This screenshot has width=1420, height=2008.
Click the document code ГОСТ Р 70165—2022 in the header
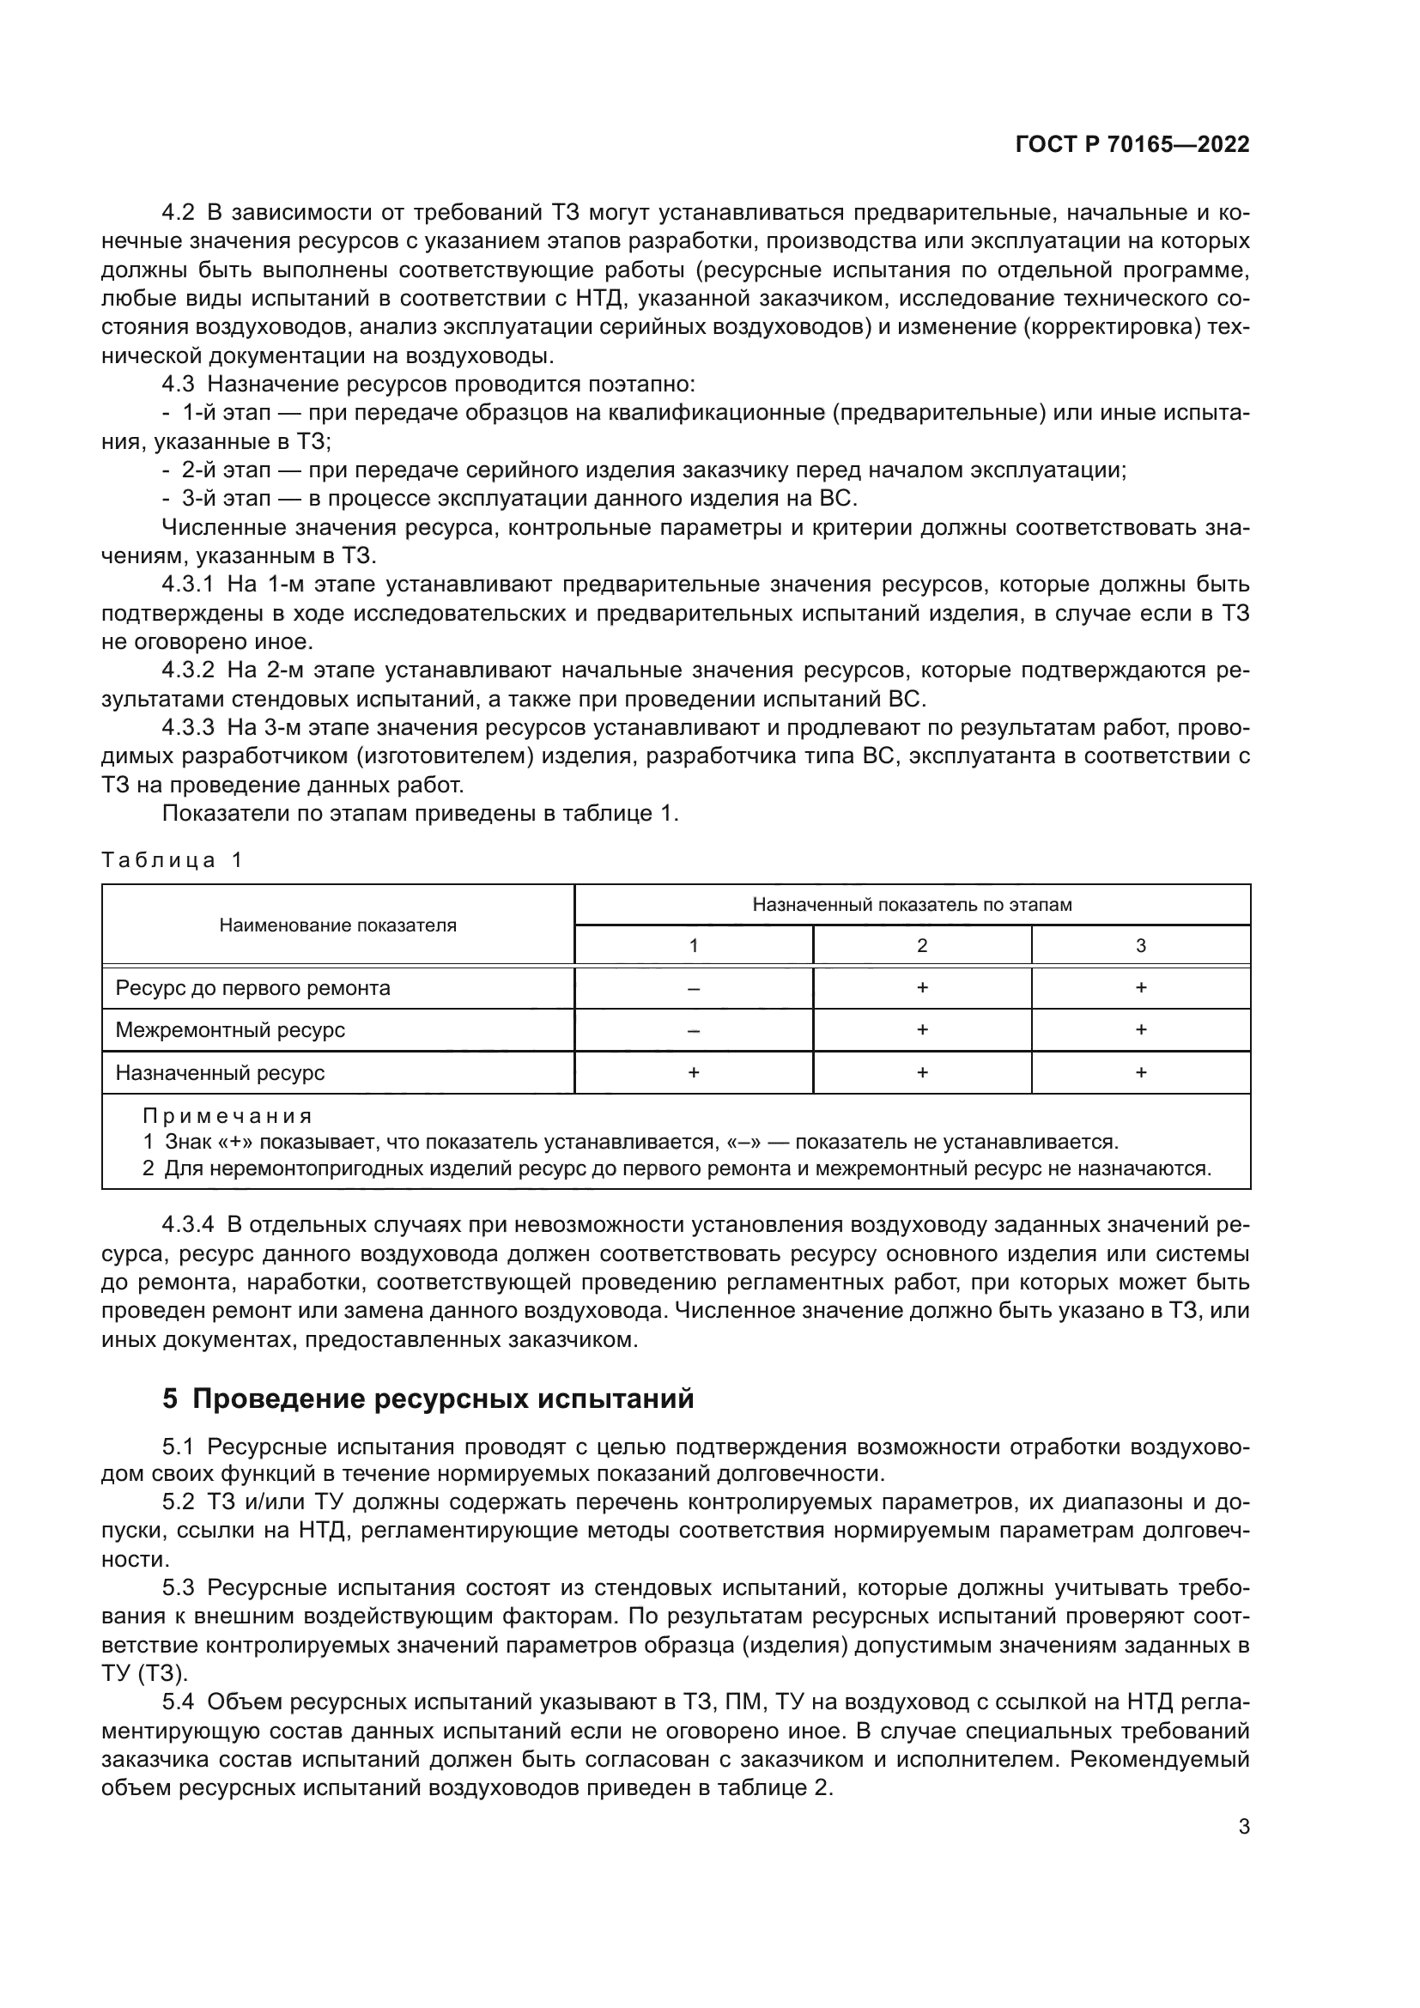[1132, 145]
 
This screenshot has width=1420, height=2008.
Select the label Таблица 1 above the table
[172, 859]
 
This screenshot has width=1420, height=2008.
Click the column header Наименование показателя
[337, 925]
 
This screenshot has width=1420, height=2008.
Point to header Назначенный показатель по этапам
[912, 904]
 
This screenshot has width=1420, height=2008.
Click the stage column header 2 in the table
[921, 945]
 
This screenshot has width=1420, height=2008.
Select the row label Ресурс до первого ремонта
[252, 988]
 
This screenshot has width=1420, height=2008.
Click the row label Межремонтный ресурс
[230, 1030]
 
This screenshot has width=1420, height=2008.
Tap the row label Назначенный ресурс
[220, 1073]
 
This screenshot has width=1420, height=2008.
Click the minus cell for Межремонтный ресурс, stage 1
[694, 1030]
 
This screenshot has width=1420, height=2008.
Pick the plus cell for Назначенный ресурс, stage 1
[694, 1073]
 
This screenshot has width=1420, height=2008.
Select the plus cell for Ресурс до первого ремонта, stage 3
[1140, 988]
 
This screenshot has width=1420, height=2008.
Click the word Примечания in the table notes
[228, 1117]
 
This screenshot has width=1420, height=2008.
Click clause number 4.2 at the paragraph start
[179, 213]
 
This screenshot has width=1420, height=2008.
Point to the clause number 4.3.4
[187, 1225]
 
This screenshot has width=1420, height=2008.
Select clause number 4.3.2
[187, 670]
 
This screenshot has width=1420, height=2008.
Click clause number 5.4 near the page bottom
[179, 1702]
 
